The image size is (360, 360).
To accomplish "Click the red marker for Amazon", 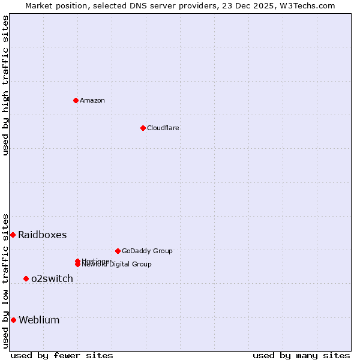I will coord(76,100).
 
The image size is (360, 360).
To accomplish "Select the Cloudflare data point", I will coord(143,128).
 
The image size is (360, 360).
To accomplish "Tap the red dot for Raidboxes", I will coord(13,235).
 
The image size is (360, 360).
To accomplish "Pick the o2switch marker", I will coord(26,278).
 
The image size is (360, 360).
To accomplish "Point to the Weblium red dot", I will coord(13,320).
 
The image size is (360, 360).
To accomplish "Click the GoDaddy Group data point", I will coord(118,251).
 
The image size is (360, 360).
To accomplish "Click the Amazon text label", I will coord(92,100).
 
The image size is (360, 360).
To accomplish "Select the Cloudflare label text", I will coord(163,128).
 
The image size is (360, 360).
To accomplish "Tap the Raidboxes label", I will coord(42,235).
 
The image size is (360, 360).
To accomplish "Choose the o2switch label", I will coord(52,278).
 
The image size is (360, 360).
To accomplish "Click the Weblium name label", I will coord(39,320).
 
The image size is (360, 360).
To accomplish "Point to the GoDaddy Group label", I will coord(147,251).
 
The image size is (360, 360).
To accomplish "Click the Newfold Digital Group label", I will coord(117,265).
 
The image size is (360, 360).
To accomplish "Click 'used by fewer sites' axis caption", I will coord(62,355).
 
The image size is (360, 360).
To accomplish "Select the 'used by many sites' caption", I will coord(301,355).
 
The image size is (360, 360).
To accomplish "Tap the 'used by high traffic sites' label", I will coord(5,85).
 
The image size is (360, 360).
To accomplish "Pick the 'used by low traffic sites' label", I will coord(5,281).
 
